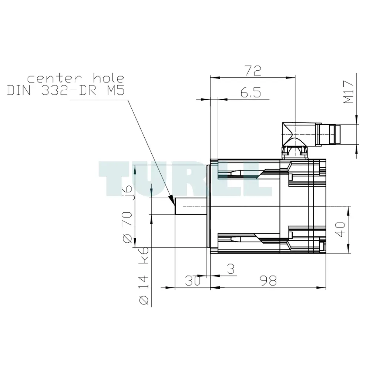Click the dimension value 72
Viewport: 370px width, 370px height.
pos(253,71)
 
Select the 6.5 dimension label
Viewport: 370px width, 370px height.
pos(250,92)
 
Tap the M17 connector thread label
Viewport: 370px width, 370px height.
pos(349,92)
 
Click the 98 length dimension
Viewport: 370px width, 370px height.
pos(268,280)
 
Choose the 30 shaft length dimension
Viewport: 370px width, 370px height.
pos(192,280)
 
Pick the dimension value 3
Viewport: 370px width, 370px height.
pos(231,269)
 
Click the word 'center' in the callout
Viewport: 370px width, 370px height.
pos(54,78)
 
